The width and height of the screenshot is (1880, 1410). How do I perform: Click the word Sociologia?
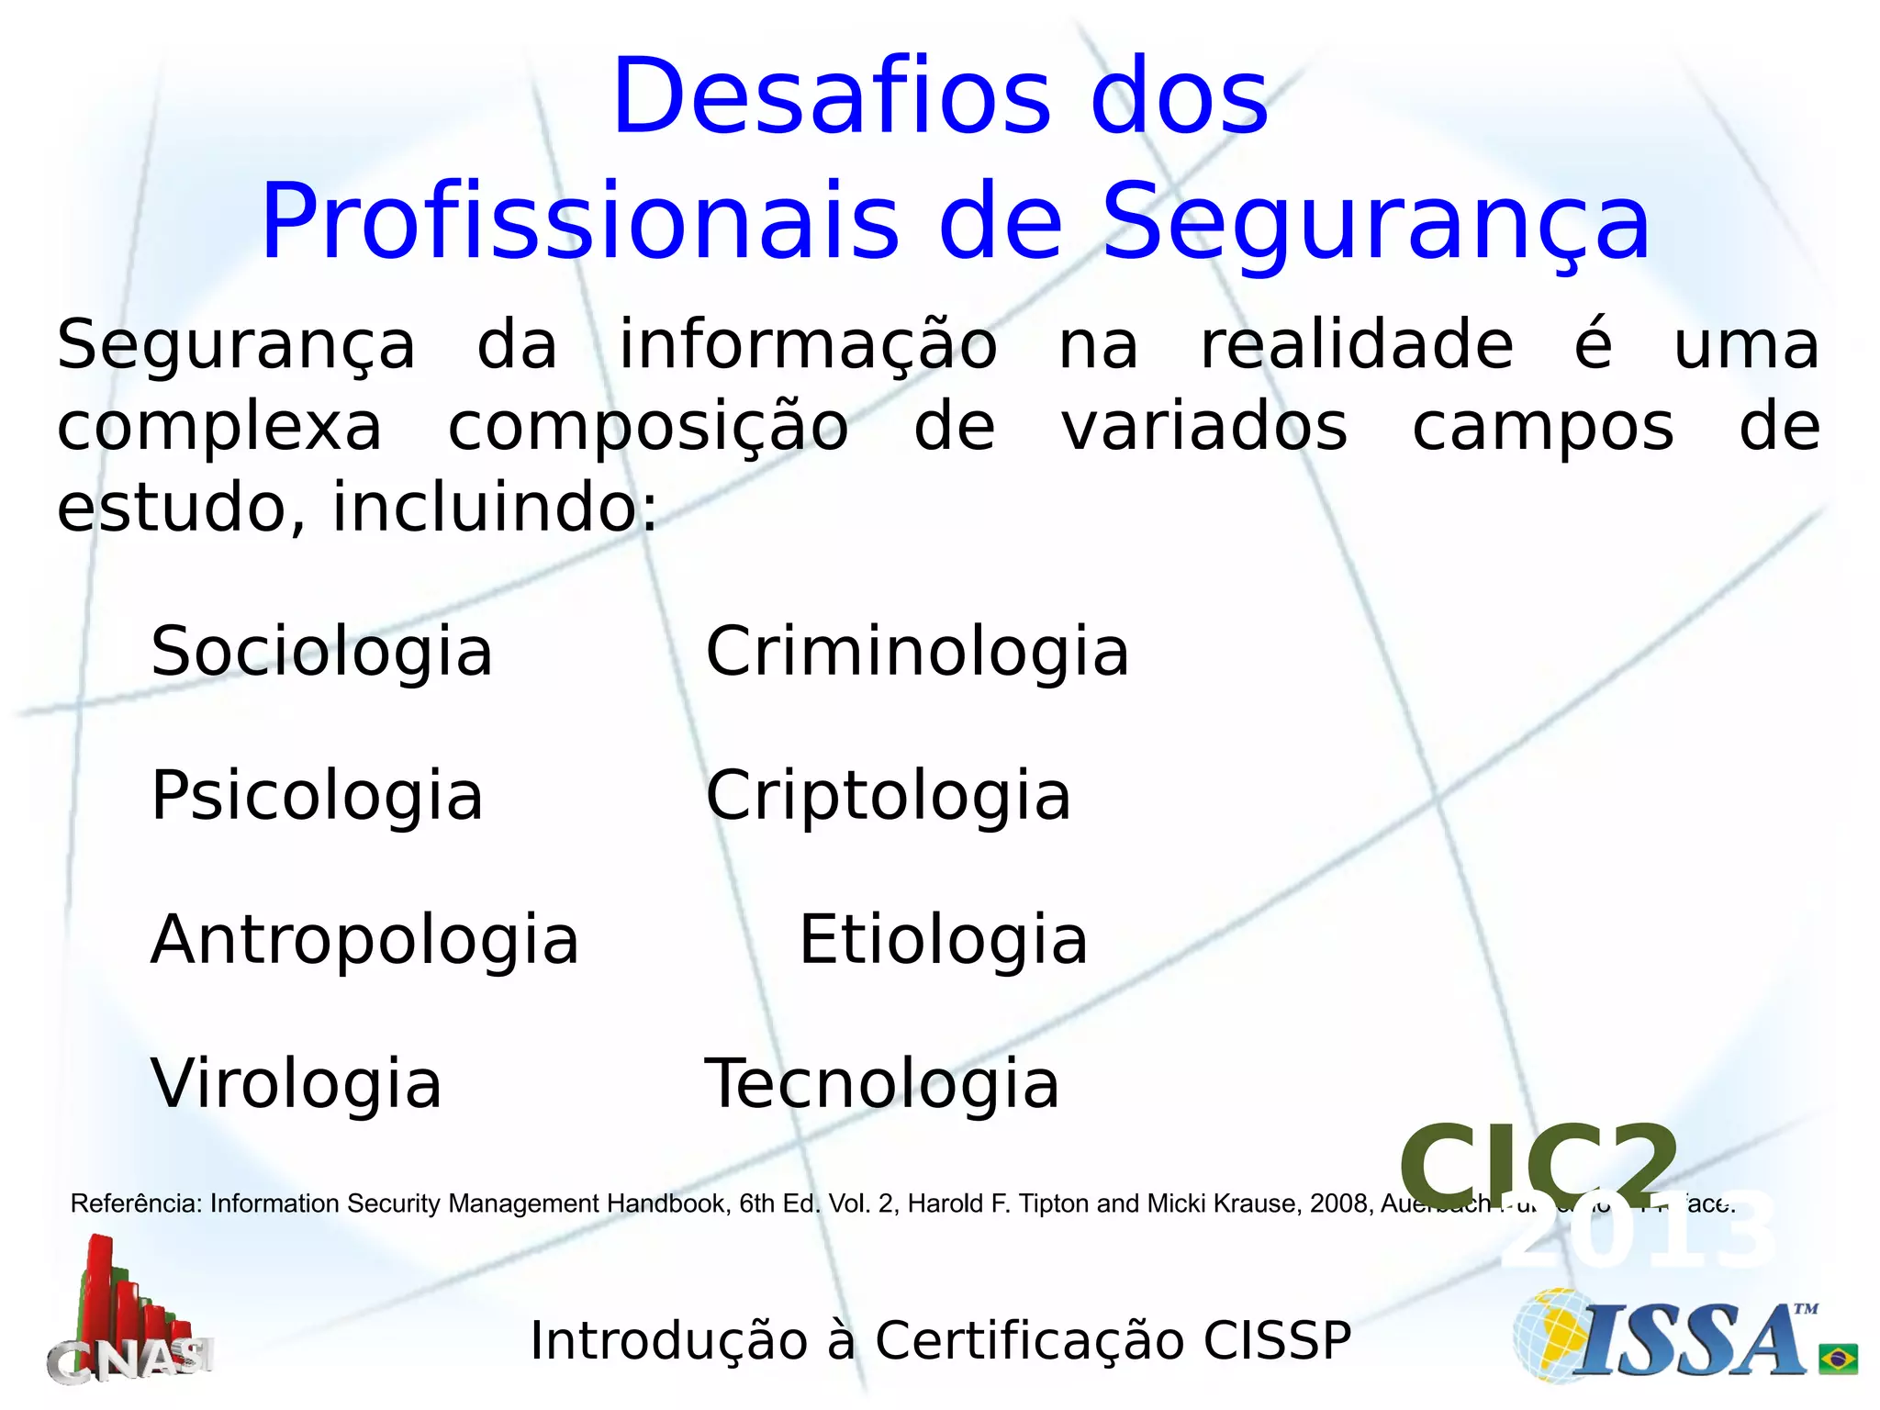pyautogui.click(x=321, y=652)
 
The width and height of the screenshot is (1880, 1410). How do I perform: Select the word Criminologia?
pyautogui.click(x=916, y=652)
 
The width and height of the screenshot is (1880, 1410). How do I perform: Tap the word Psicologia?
pyautogui.click(x=317, y=796)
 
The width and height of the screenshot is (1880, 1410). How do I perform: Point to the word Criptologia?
pyautogui.click(x=888, y=796)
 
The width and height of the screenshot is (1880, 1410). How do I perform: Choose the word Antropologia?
pyautogui.click(x=364, y=940)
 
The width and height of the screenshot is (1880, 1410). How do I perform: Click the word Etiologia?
pyautogui.click(x=943, y=940)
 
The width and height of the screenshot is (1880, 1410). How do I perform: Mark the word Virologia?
pyautogui.click(x=296, y=1084)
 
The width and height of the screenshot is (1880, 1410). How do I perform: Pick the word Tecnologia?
pyautogui.click(x=881, y=1084)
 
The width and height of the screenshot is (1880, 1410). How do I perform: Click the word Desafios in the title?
pyautogui.click(x=831, y=96)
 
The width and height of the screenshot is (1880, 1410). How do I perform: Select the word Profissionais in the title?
pyautogui.click(x=580, y=222)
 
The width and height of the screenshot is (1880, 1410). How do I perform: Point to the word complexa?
pyautogui.click(x=219, y=428)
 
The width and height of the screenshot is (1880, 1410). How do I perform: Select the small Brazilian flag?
pyautogui.click(x=1838, y=1359)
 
